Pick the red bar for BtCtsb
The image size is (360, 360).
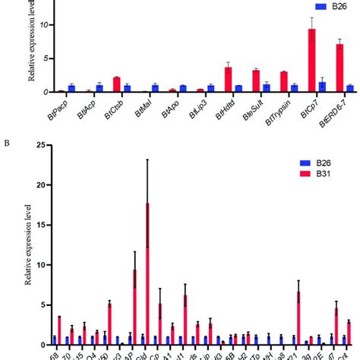pos(116,84)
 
